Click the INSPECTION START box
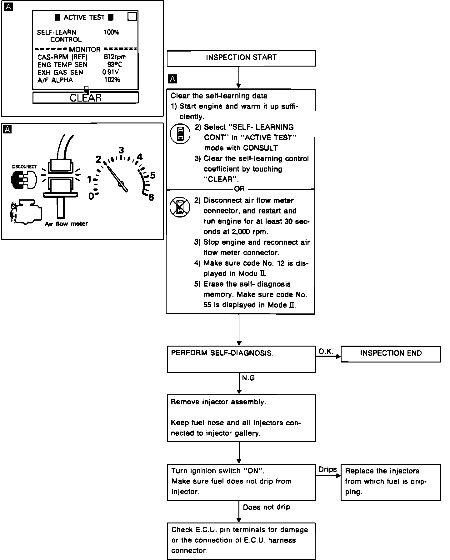click(x=241, y=58)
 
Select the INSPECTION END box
click(x=391, y=354)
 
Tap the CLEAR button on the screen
click(x=86, y=98)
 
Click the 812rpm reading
click(x=115, y=57)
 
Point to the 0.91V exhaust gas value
click(x=111, y=72)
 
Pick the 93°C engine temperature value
click(x=115, y=65)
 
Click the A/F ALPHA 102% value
click(x=112, y=80)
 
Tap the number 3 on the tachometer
click(x=121, y=150)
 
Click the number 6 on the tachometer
click(x=151, y=197)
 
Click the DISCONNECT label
click(x=24, y=167)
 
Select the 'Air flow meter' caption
click(x=66, y=224)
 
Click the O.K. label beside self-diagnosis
click(x=326, y=352)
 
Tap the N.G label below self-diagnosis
click(x=248, y=378)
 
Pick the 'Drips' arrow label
click(x=327, y=469)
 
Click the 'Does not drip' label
click(x=266, y=507)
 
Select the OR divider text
click(x=239, y=189)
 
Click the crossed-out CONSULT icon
click(x=180, y=207)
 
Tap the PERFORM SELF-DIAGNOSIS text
click(x=222, y=353)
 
